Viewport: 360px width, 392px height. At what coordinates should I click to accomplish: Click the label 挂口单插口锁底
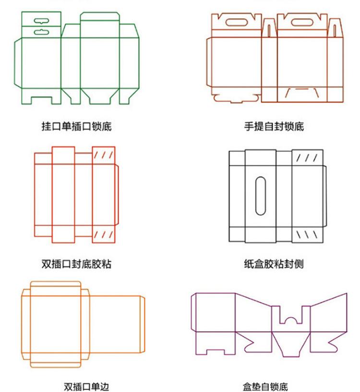pyautogui.click(x=76, y=126)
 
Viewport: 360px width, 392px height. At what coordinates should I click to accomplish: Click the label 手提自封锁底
pyautogui.click(x=274, y=126)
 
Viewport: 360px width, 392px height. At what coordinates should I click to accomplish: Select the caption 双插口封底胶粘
pyautogui.click(x=76, y=264)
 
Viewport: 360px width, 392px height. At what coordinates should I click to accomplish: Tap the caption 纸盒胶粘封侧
pyautogui.click(x=274, y=264)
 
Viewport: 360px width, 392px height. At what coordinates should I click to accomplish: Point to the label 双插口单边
pyautogui.click(x=86, y=387)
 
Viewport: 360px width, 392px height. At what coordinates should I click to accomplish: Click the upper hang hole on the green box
pyautogui.click(x=42, y=21)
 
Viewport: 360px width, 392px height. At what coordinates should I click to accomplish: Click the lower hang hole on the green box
pyautogui.click(x=42, y=32)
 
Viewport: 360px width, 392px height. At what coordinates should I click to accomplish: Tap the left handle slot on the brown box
pyautogui.click(x=237, y=23)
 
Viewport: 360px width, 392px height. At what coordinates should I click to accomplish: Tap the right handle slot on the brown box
pyautogui.click(x=302, y=23)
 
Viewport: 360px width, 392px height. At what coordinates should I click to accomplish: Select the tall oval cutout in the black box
pyautogui.click(x=261, y=196)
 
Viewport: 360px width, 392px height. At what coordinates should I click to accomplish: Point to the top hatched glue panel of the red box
pyautogui.click(x=104, y=155)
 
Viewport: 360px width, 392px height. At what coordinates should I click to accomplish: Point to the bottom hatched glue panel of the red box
pyautogui.click(x=104, y=234)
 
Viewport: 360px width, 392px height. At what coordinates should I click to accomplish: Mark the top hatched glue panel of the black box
pyautogui.click(x=307, y=158)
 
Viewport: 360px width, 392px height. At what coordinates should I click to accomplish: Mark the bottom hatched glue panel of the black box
pyautogui.click(x=307, y=235)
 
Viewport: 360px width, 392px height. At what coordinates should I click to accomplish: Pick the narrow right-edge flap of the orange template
pyautogui.click(x=143, y=324)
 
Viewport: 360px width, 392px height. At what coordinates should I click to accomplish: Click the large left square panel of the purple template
pyautogui.click(x=216, y=313)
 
